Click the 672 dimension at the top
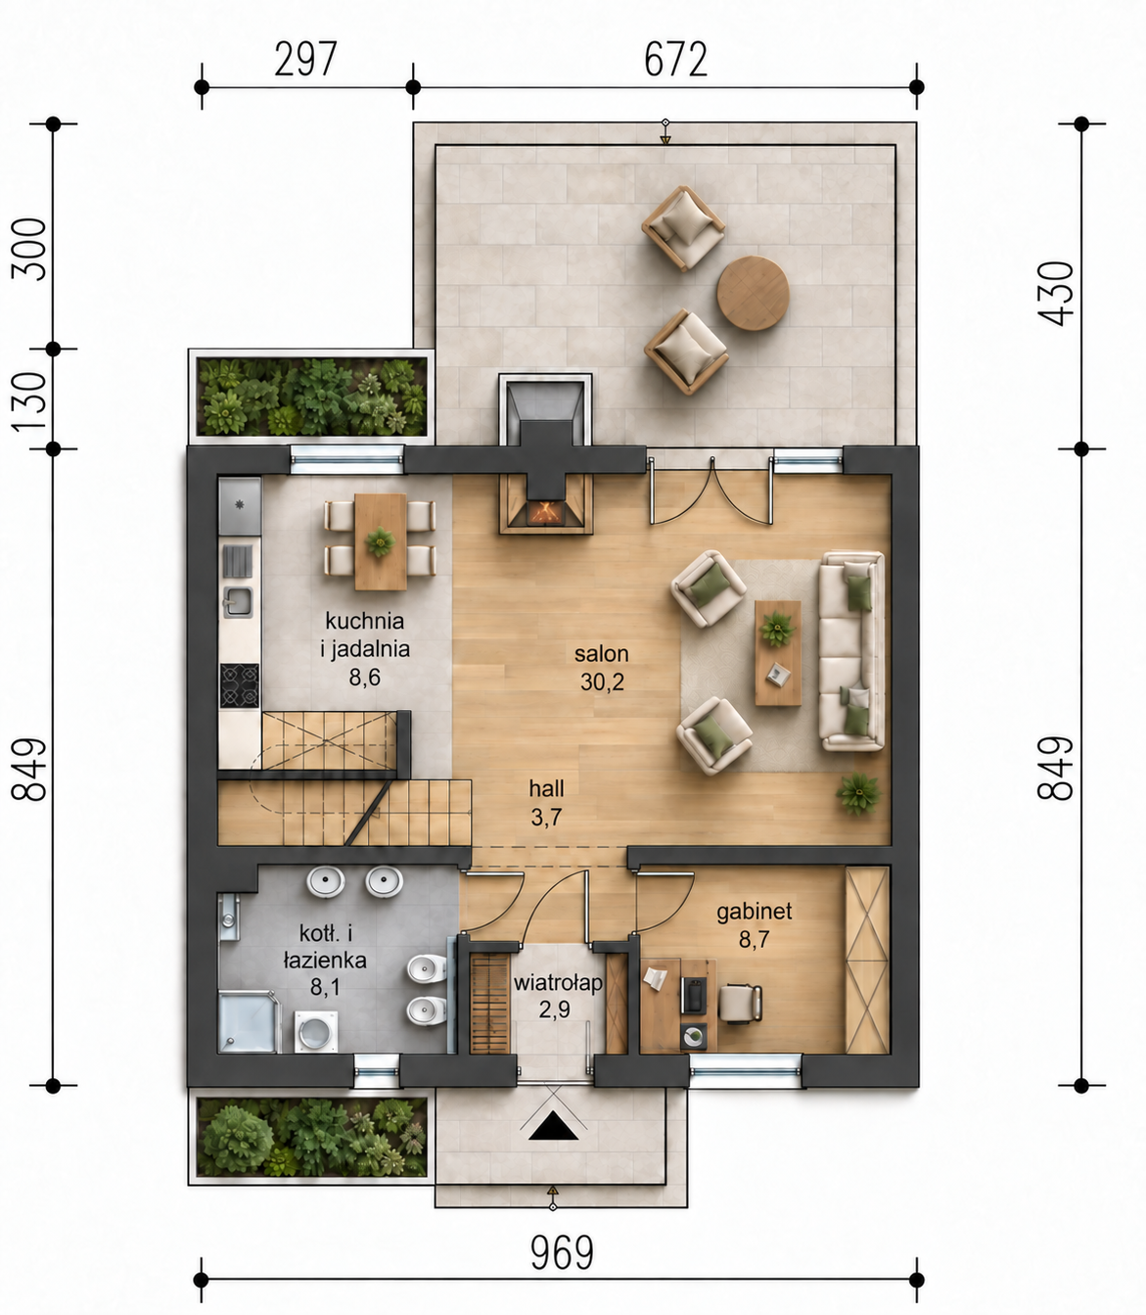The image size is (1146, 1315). coord(676,59)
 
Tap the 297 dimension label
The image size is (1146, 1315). coord(305,59)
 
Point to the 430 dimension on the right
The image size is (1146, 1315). coord(1056,293)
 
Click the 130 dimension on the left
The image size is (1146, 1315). coord(29,401)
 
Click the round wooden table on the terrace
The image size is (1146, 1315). coord(753,293)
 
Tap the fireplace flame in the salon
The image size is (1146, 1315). coord(545,511)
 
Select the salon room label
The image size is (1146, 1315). coord(601,654)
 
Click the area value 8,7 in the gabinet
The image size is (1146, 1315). coord(755,940)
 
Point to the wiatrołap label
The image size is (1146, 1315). coord(558,983)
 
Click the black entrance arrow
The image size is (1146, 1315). coord(553,1129)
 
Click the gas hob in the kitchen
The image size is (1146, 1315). coord(240,685)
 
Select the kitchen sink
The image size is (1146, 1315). coord(237,602)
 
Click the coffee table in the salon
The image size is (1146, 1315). coord(778,652)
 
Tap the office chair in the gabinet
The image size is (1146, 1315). coord(740,1004)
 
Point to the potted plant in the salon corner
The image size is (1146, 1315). coord(858,794)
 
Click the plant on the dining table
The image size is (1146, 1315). coord(381,541)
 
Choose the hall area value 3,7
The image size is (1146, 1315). coord(547,817)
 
